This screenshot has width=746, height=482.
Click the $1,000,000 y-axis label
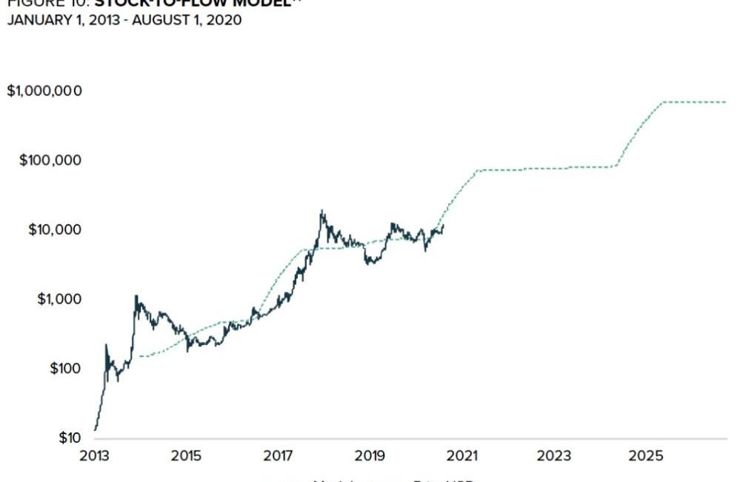point(44,91)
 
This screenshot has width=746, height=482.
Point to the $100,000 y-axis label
point(50,161)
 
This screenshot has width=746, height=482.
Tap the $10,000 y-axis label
point(54,230)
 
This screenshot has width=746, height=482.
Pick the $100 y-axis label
point(65,369)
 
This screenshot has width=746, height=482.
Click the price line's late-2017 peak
point(322,211)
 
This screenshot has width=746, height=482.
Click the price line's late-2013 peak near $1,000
point(136,296)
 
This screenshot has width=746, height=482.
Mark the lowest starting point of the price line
point(95,429)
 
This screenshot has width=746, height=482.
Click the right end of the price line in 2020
point(443,225)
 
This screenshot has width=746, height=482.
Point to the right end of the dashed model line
point(726,102)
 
